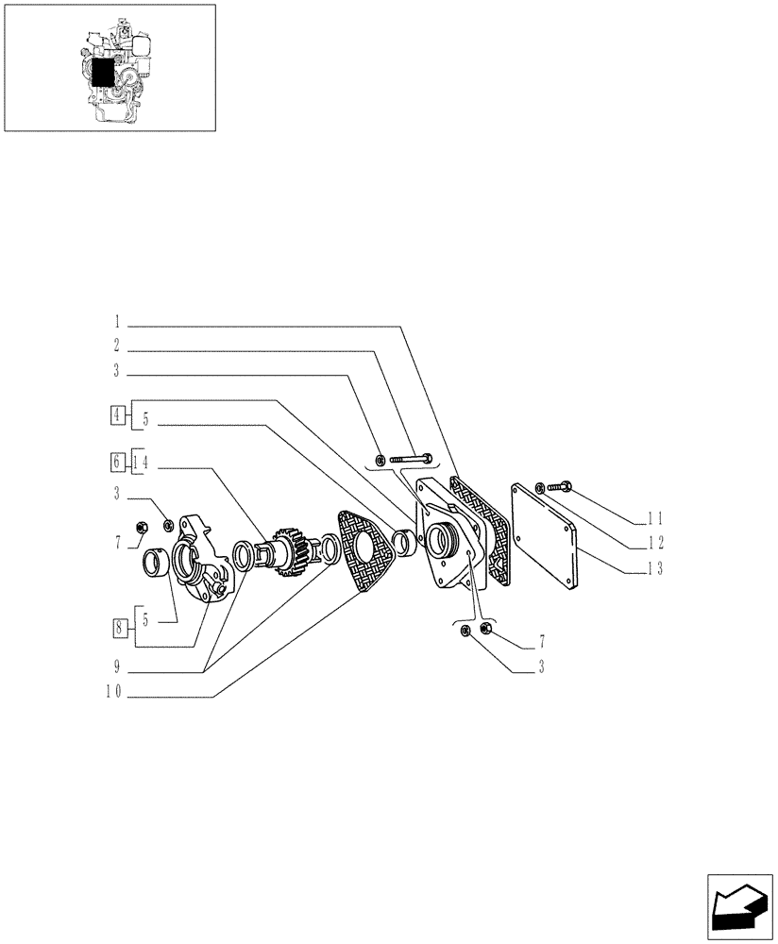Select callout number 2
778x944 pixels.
coord(117,346)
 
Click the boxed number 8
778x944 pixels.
coord(117,625)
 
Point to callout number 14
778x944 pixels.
coord(142,462)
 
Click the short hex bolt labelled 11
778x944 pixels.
coord(558,488)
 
